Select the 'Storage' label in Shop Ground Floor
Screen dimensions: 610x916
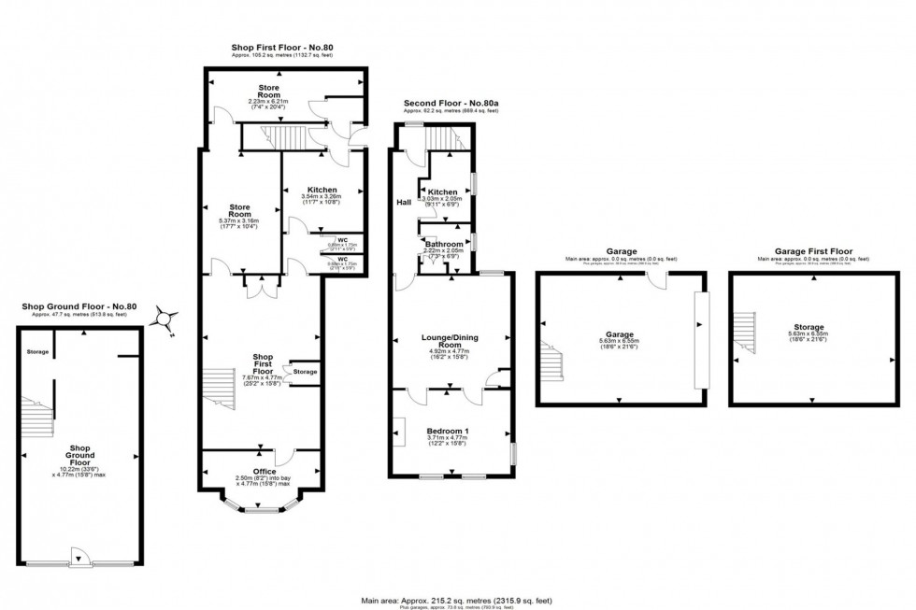37,352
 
